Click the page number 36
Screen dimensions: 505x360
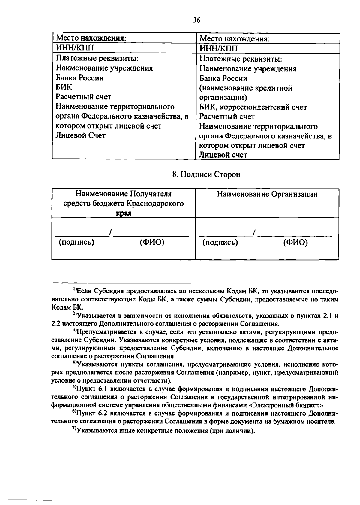click(x=196, y=20)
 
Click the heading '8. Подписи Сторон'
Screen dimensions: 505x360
click(x=206, y=174)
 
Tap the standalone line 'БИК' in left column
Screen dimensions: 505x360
click(x=64, y=87)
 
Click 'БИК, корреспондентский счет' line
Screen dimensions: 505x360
click(x=253, y=107)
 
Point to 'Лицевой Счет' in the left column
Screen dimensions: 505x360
click(x=81, y=135)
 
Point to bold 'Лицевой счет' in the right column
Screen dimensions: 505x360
click(x=223, y=155)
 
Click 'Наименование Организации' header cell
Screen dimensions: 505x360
click(x=267, y=194)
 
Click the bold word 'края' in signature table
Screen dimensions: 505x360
click(x=124, y=213)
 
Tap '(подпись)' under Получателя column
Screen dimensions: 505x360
click(x=76, y=242)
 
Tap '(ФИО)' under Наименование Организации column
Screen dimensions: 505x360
click(x=295, y=242)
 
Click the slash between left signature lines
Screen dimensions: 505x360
click(x=110, y=233)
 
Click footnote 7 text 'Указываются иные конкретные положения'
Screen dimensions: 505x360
click(x=142, y=431)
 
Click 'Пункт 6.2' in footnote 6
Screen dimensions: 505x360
click(x=90, y=413)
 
